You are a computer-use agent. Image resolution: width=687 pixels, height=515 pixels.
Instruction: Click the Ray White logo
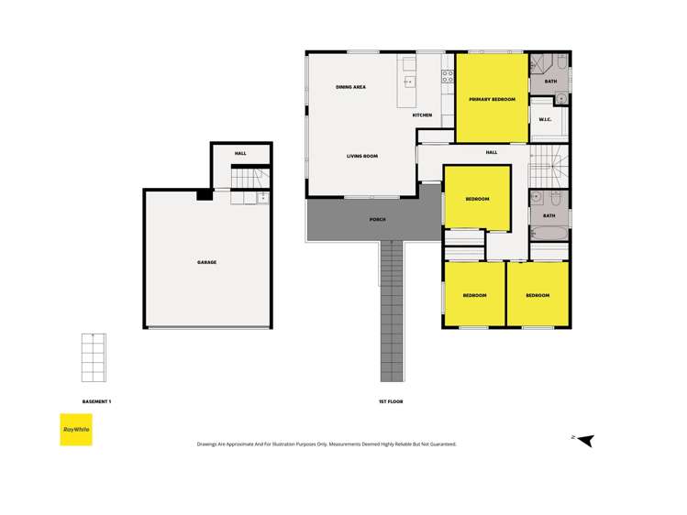[x=76, y=430]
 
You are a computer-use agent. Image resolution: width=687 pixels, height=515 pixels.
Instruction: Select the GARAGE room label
[x=206, y=263]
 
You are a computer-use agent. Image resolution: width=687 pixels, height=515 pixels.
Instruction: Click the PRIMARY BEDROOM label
[x=492, y=99]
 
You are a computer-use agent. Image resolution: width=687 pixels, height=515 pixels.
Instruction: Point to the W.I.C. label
[x=544, y=119]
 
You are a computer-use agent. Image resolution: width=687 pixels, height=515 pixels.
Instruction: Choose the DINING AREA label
[x=350, y=87]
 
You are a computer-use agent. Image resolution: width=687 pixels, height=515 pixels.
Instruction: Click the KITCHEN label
[x=422, y=115]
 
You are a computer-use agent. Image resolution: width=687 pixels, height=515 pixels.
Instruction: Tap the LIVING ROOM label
[x=361, y=157]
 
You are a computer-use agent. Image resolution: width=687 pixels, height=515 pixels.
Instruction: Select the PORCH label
[x=377, y=220]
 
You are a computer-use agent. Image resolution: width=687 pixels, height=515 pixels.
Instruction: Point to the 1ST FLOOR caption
[x=390, y=401]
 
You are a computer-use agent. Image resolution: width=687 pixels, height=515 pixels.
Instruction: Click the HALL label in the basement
[x=240, y=154]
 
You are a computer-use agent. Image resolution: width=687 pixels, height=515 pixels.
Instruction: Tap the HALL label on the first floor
[x=492, y=152]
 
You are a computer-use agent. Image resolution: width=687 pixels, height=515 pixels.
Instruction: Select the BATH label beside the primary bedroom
[x=550, y=82]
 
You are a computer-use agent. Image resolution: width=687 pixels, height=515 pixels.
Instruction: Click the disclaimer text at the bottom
[x=327, y=444]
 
